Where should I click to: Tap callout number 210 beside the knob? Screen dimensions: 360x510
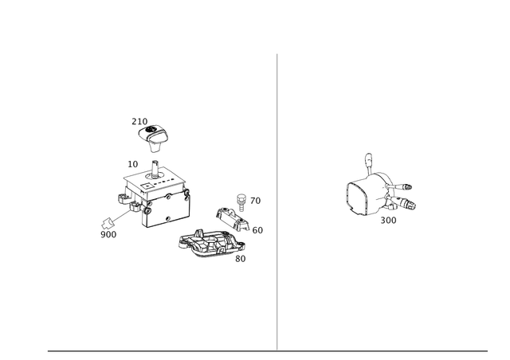(139, 120)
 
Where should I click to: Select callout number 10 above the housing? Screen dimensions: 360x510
(134, 163)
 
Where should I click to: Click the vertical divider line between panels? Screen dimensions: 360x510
(277, 199)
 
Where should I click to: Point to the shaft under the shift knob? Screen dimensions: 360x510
(156, 159)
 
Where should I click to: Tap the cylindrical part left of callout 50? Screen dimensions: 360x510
(231, 218)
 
